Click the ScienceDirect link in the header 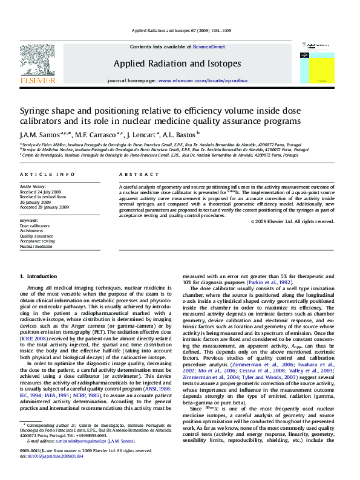click(x=209, y=47)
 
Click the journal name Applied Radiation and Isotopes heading click(x=177, y=63)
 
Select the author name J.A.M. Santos click(x=38, y=135)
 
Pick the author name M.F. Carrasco click(x=100, y=135)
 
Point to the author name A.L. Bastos click(x=180, y=135)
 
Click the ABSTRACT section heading click(x=134, y=174)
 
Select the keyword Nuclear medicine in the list click(x=36, y=247)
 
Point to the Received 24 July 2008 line click(x=41, y=192)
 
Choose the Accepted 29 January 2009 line click(x=44, y=207)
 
